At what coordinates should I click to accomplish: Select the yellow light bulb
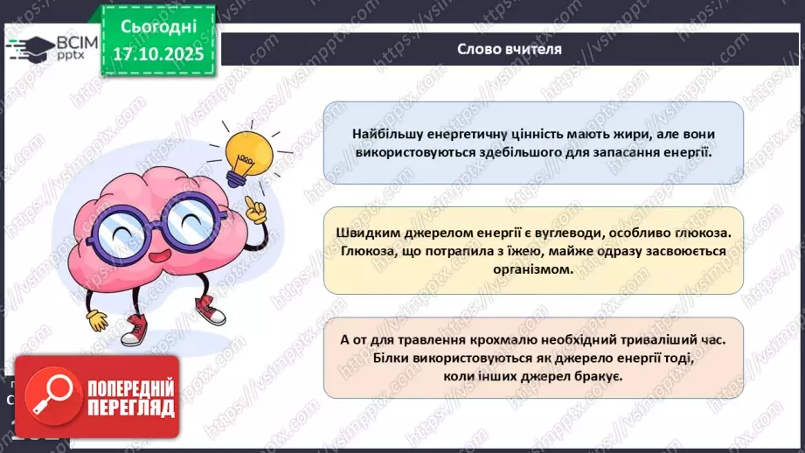point(247,153)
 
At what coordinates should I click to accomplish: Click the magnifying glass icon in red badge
point(44,399)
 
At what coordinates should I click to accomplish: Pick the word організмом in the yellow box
point(534,269)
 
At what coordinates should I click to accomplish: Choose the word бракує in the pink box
point(600,376)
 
